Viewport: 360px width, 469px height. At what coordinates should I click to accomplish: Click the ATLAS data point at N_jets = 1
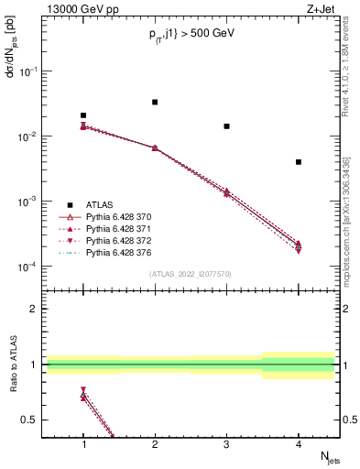click(x=83, y=115)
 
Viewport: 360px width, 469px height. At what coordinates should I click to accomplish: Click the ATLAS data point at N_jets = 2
click(x=155, y=102)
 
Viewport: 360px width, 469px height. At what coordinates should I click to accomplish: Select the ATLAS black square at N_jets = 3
click(x=226, y=126)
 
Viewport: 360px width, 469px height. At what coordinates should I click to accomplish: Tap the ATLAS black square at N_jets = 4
click(x=299, y=162)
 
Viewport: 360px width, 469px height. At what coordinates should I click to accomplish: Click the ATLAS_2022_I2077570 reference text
click(x=191, y=273)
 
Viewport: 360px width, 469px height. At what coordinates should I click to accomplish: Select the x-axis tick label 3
click(x=226, y=444)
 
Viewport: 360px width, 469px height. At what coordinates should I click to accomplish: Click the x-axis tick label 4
click(x=299, y=444)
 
